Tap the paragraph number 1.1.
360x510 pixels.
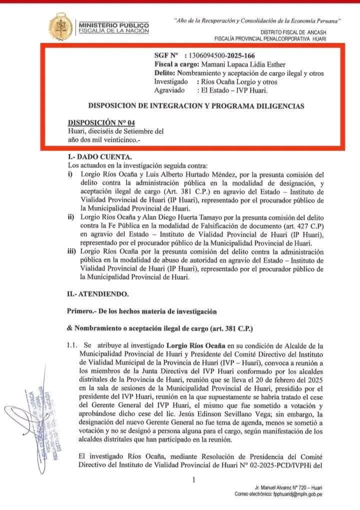click(x=72, y=345)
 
